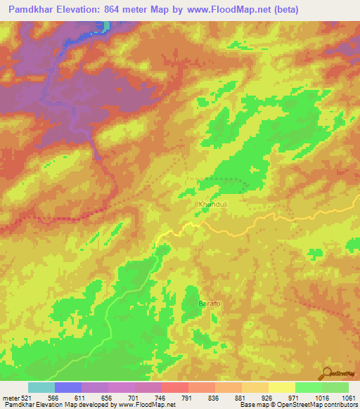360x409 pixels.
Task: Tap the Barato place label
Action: click(210, 304)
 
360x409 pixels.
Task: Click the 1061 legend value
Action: click(348, 397)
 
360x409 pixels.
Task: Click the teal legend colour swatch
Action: click(41, 387)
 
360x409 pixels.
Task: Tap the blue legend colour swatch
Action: click(68, 387)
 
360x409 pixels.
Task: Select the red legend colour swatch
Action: click(175, 387)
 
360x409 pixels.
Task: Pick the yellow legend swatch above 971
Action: click(282, 387)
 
